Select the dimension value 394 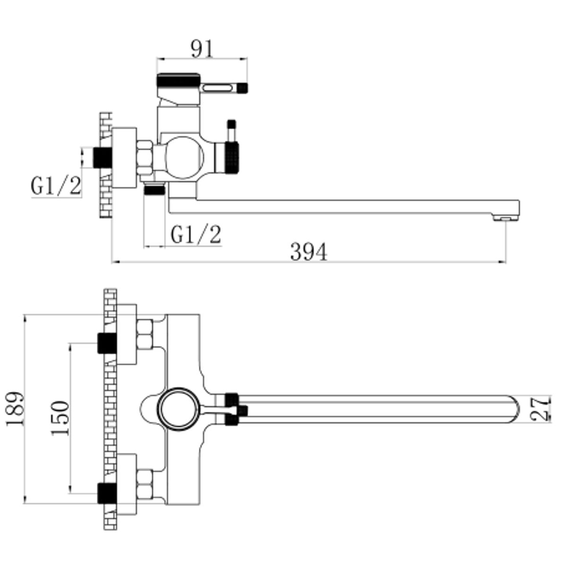[x=309, y=251]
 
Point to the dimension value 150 [x=60, y=418]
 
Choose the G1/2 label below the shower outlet [x=196, y=234]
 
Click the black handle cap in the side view [x=178, y=79]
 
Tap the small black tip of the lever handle [x=243, y=88]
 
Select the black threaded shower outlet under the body [x=155, y=190]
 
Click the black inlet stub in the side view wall [x=103, y=157]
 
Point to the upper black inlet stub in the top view [x=107, y=343]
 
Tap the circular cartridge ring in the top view [x=178, y=409]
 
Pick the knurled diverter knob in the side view [x=231, y=157]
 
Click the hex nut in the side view [x=145, y=158]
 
